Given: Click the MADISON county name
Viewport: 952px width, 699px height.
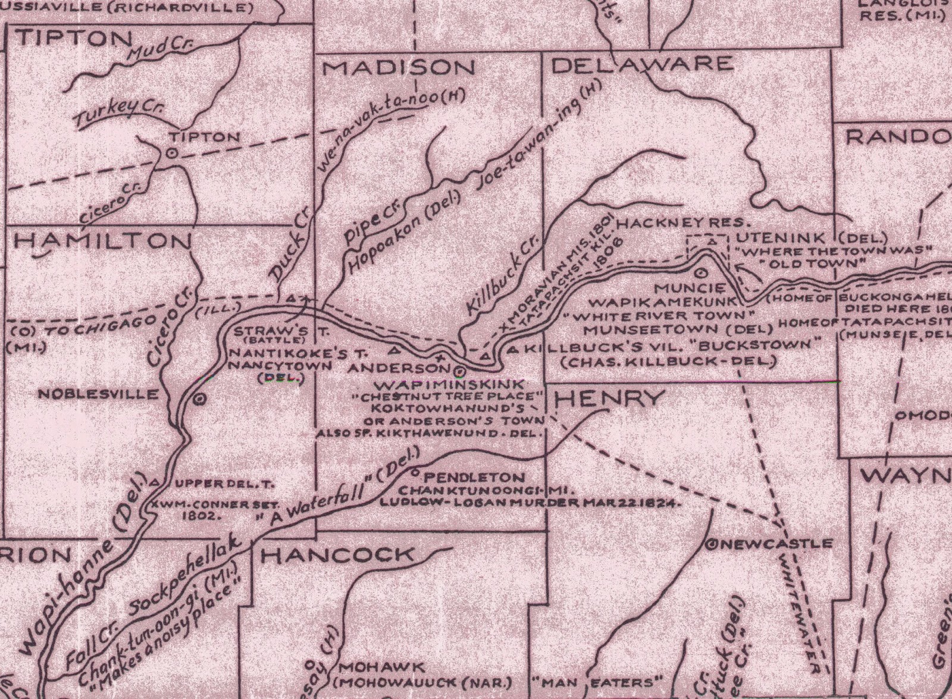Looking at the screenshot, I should pyautogui.click(x=399, y=67).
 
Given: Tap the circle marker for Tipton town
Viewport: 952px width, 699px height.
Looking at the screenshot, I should pyautogui.click(x=171, y=153).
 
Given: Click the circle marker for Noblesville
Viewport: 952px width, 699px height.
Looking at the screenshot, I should pyautogui.click(x=199, y=399).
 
